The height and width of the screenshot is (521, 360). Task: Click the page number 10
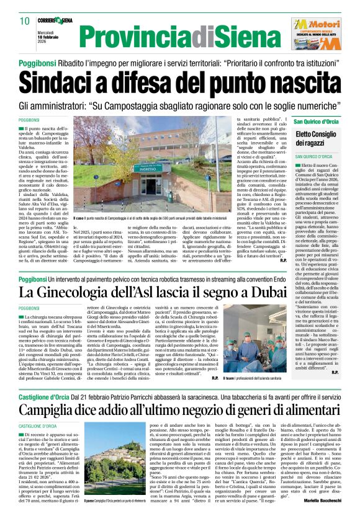tap(25, 21)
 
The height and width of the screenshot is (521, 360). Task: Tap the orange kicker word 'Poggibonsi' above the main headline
tap(37, 64)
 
